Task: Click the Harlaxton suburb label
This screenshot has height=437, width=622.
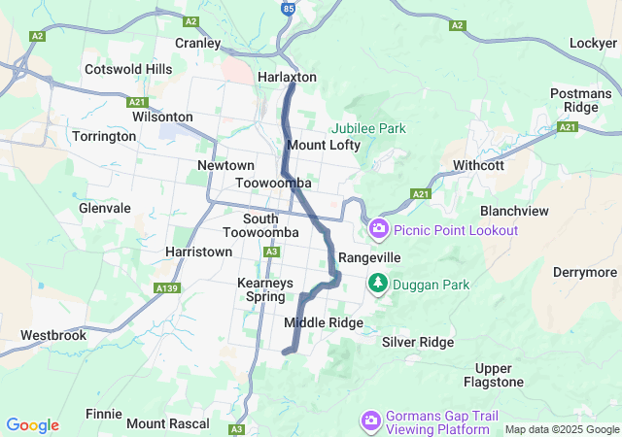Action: tap(287, 77)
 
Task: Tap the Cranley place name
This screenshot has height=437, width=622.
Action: tap(200, 43)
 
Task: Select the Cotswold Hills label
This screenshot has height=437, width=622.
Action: tap(128, 70)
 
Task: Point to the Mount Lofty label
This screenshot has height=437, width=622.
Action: tap(324, 145)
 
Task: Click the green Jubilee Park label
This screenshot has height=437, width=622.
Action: tap(368, 128)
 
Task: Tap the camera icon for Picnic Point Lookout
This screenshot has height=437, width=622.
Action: tap(378, 230)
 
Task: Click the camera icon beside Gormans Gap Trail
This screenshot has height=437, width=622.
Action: tap(370, 420)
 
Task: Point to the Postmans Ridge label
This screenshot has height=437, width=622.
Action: tap(580, 100)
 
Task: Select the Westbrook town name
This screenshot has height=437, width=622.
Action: tap(53, 335)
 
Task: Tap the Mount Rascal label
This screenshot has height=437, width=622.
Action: tap(168, 423)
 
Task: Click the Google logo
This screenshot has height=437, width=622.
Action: tap(32, 425)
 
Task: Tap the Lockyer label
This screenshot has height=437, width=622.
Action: tap(593, 44)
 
